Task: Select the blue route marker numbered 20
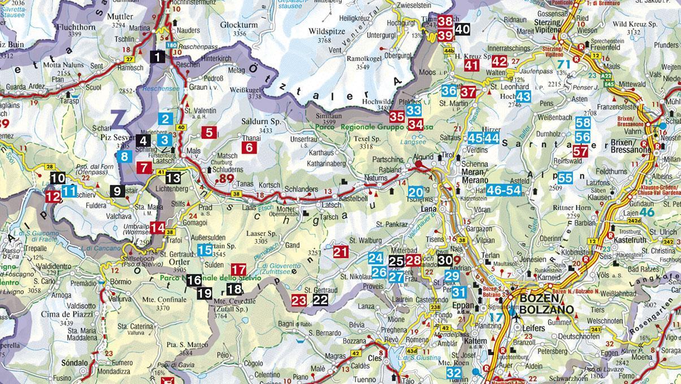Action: click(415, 192)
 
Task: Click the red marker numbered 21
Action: click(341, 252)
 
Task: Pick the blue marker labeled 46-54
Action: click(504, 190)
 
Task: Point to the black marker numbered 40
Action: click(462, 29)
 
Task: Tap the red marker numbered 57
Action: click(580, 151)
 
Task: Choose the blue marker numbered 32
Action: click(454, 373)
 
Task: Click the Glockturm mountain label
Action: click(234, 25)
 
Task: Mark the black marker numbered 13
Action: click(173, 178)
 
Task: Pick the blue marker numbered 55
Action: click(565, 177)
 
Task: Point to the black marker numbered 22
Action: click(320, 300)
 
